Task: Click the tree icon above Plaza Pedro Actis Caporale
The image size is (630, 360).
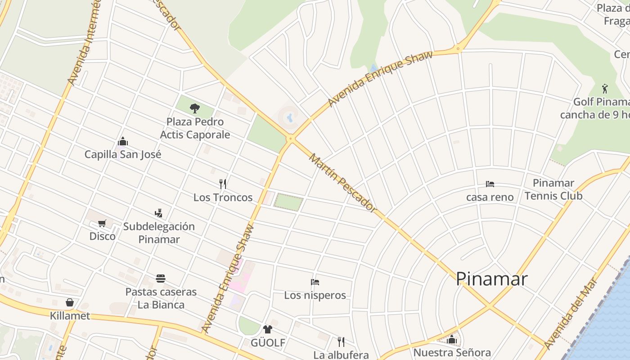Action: click(x=195, y=108)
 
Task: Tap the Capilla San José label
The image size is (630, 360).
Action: click(x=123, y=154)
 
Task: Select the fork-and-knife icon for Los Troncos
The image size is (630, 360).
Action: click(x=222, y=184)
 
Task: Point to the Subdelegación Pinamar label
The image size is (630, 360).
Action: click(x=159, y=233)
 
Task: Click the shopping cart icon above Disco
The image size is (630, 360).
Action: click(x=102, y=223)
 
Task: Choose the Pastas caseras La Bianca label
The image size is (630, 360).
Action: click(x=161, y=298)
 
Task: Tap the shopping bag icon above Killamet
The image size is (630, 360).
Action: click(x=70, y=302)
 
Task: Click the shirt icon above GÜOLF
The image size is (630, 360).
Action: click(x=268, y=329)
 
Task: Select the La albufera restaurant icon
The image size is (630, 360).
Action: click(x=341, y=342)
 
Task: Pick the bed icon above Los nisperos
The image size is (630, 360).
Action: click(x=315, y=282)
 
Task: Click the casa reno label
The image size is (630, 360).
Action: click(x=490, y=197)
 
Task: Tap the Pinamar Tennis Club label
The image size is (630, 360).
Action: click(x=553, y=189)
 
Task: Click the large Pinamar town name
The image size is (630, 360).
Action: click(x=491, y=279)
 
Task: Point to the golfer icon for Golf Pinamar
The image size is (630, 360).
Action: click(x=604, y=89)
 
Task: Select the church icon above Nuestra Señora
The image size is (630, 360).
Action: click(x=452, y=339)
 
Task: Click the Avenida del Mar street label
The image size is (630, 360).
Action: click(x=570, y=314)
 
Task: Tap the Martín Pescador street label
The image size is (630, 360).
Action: click(x=342, y=182)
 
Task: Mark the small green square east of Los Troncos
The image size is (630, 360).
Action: click(x=288, y=202)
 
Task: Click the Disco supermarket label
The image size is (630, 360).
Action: click(x=102, y=236)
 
